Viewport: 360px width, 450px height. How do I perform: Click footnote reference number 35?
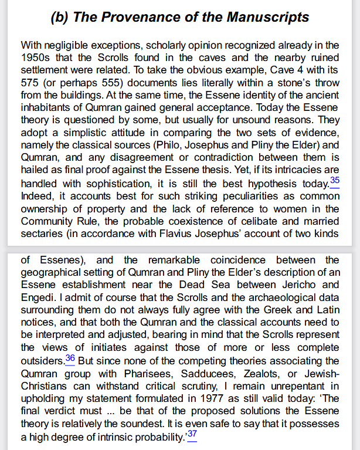334,181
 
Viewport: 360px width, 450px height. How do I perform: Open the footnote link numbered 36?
70,358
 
